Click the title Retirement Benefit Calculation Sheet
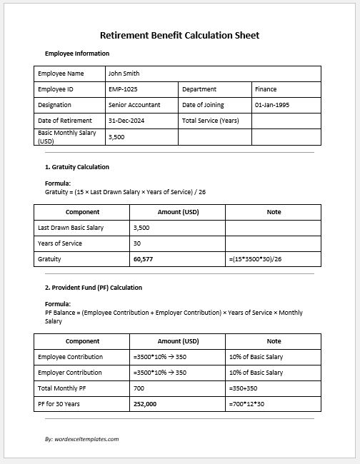(179, 35)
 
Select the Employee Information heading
(77, 54)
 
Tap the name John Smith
(124, 74)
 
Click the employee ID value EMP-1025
(123, 89)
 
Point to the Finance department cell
(266, 89)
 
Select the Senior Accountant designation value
(134, 105)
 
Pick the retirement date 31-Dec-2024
(127, 121)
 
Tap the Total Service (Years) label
(210, 121)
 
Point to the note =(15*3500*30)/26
(256, 260)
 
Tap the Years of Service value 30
(137, 243)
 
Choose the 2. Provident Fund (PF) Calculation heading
(94, 288)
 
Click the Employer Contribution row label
(70, 373)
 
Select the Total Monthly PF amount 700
(139, 388)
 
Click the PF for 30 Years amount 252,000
(145, 404)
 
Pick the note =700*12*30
(246, 404)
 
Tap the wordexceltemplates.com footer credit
(81, 439)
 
